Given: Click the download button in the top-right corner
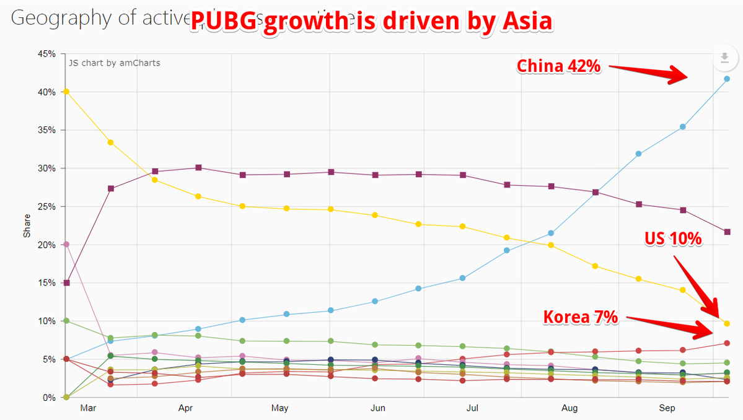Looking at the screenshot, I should (724, 59).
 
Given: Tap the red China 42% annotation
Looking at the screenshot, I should (558, 66).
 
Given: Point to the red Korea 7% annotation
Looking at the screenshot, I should (581, 317).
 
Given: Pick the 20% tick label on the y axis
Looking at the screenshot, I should (48, 245).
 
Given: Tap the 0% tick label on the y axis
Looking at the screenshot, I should (50, 398).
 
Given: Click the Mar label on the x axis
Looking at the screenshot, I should (88, 408).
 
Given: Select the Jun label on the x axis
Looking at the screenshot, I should (377, 408).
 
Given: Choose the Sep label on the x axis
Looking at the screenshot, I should (667, 408).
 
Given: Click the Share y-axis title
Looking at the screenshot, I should (27, 226).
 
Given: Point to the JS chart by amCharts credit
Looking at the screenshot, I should (114, 63).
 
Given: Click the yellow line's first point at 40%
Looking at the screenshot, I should (66, 92).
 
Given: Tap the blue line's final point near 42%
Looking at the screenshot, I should (727, 79).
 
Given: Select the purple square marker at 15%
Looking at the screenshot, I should (66, 283).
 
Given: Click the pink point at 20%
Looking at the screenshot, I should (66, 244).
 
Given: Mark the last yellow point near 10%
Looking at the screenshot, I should (727, 323).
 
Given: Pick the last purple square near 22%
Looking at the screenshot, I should (727, 232).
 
